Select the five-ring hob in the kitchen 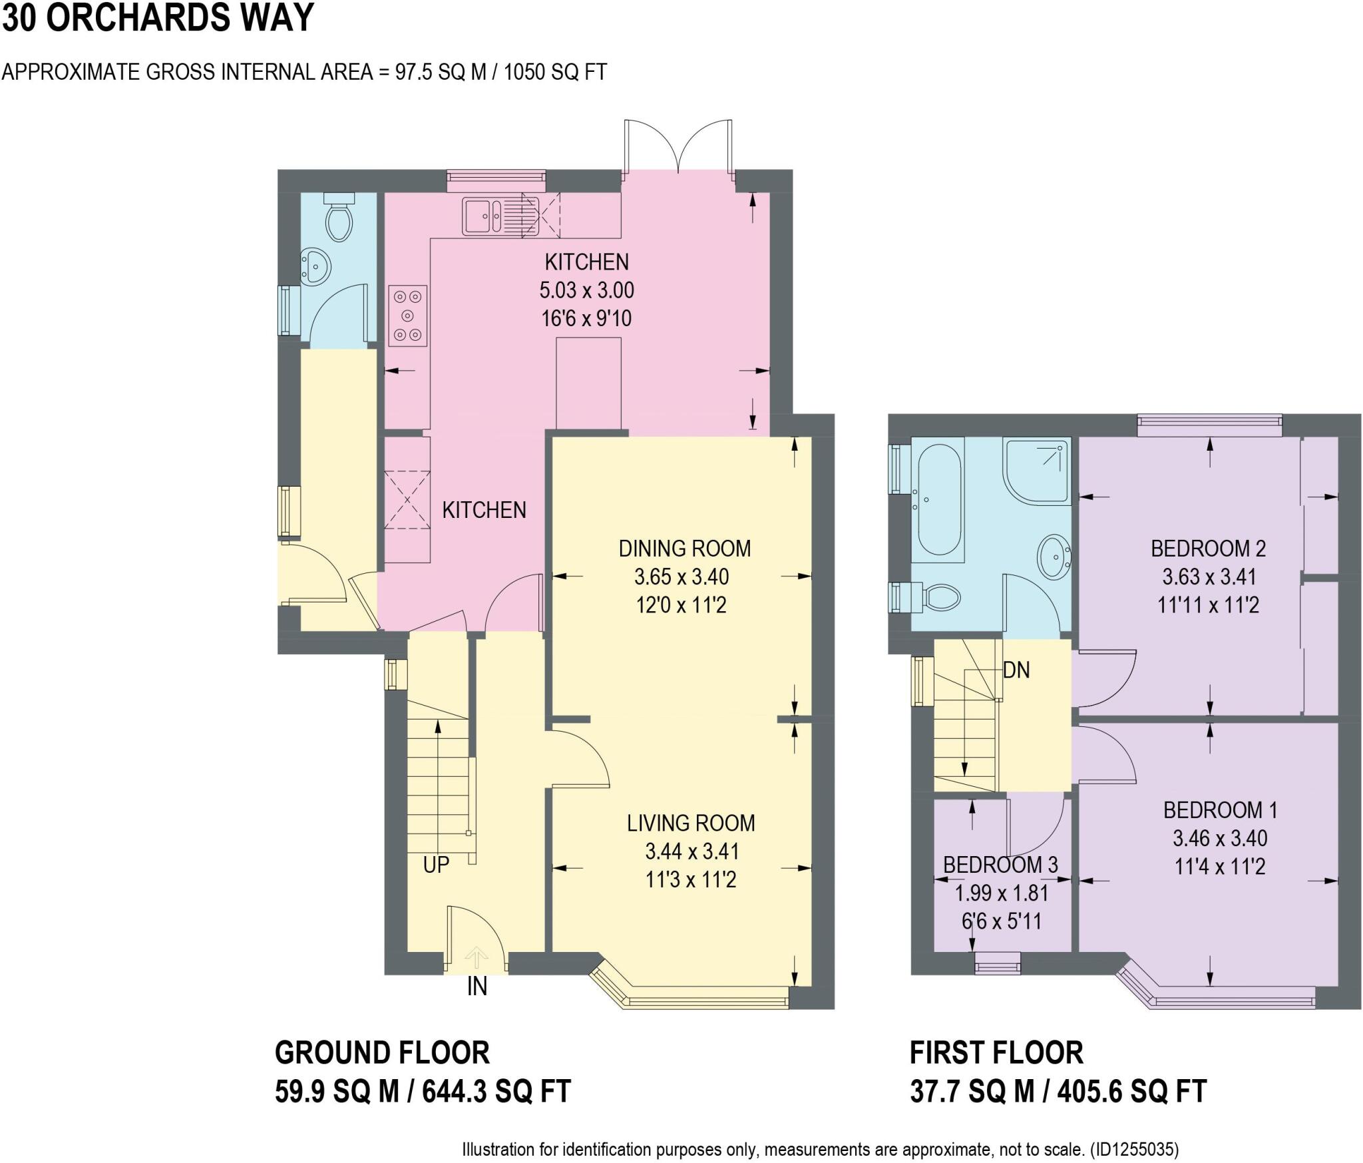click(407, 316)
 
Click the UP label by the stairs click(436, 865)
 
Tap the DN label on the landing click(1016, 670)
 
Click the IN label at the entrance click(477, 987)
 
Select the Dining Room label click(684, 549)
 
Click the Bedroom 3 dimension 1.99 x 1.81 click(1002, 893)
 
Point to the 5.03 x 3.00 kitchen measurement click(586, 290)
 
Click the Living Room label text click(691, 823)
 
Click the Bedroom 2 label click(1208, 549)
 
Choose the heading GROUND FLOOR click(382, 1053)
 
